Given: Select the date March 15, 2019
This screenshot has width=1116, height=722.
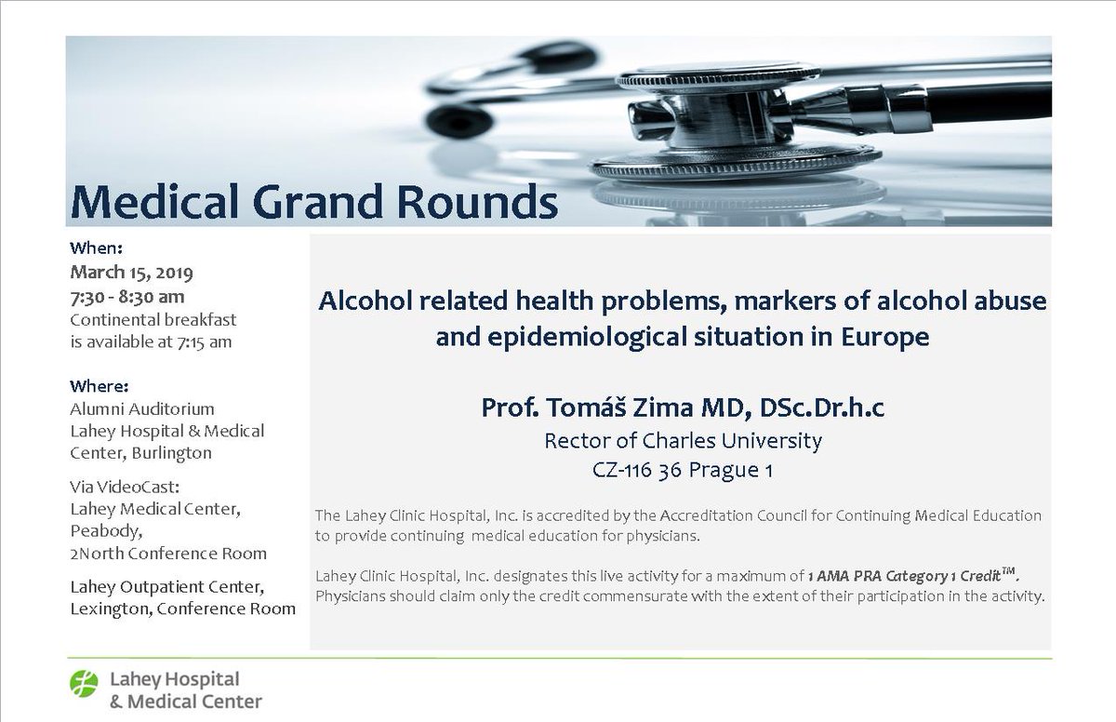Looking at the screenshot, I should click(131, 274).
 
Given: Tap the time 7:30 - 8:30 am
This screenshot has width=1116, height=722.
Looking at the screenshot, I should click(127, 297).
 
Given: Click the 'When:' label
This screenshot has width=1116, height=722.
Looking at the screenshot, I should click(97, 248).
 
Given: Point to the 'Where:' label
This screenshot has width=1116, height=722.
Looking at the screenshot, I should click(100, 385).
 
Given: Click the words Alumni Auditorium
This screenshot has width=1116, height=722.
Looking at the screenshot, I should click(142, 408).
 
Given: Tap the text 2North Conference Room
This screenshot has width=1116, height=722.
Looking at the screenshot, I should click(168, 554).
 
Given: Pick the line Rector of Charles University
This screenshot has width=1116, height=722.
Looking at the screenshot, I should click(683, 440).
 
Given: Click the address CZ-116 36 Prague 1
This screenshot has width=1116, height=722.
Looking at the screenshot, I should click(683, 471).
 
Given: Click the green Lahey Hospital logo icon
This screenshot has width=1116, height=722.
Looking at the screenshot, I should click(84, 684).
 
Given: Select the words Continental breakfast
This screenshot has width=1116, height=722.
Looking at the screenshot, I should click(153, 319).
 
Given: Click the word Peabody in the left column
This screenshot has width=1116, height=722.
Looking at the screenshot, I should click(106, 531).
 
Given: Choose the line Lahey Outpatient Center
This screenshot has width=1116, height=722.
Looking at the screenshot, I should click(166, 588).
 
